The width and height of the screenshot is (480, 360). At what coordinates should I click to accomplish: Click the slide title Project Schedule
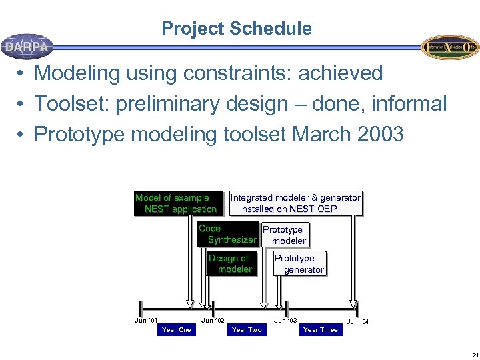[x=236, y=29]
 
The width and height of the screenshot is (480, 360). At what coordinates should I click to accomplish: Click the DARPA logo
[x=27, y=47]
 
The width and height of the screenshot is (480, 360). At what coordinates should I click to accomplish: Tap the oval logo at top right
[x=449, y=47]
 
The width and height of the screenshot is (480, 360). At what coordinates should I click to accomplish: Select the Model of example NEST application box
[x=176, y=203]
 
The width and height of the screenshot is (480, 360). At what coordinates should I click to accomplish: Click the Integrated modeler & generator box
[x=295, y=203]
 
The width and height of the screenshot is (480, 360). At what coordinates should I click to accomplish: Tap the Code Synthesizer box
[x=227, y=234]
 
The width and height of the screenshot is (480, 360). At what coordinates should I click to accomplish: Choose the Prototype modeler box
[x=285, y=235]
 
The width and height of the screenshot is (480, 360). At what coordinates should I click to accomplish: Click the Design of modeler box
[x=231, y=263]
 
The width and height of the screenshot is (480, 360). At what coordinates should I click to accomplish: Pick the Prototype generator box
[x=299, y=264]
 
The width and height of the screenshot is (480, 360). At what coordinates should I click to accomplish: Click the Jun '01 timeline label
[x=146, y=321]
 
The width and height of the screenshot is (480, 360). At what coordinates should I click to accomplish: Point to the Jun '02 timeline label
[x=213, y=321]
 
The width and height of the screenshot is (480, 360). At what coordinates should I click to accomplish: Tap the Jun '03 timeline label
[x=285, y=321]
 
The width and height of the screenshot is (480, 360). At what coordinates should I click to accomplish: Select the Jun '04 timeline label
[x=357, y=322]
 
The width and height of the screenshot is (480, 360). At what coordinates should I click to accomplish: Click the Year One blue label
[x=176, y=329]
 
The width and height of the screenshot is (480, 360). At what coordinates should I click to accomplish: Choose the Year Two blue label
[x=247, y=329]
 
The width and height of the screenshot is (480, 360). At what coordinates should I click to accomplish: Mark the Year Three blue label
[x=320, y=329]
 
